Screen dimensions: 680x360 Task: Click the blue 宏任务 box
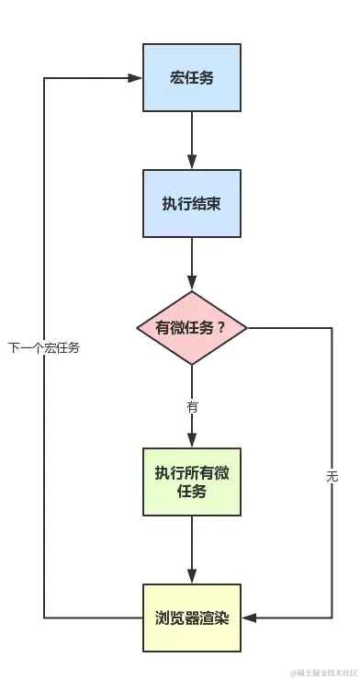click(x=191, y=77)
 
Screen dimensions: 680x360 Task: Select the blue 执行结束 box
click(x=191, y=204)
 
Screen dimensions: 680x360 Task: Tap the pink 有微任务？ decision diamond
click(x=191, y=328)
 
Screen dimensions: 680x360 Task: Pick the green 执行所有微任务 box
click(x=191, y=482)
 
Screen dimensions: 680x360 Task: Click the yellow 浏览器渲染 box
click(x=191, y=618)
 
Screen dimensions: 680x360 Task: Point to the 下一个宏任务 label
click(x=43, y=347)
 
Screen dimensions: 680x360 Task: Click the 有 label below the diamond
click(x=192, y=406)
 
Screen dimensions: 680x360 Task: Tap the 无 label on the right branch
click(x=332, y=477)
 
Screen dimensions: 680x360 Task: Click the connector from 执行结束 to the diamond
click(x=191, y=266)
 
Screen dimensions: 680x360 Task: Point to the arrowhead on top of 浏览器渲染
click(x=191, y=575)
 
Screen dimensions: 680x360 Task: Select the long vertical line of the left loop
click(x=43, y=230)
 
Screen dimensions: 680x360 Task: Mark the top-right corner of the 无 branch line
click(x=332, y=328)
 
